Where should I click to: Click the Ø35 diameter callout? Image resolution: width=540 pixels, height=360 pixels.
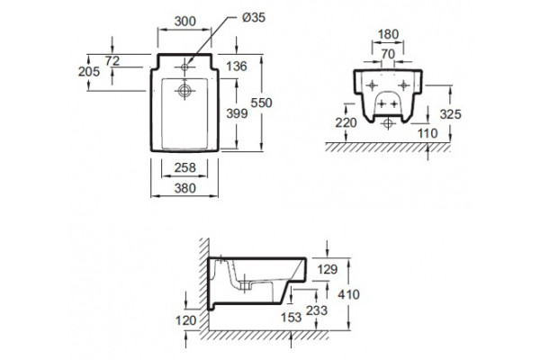254,17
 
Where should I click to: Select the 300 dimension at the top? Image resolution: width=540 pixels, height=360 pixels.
184,22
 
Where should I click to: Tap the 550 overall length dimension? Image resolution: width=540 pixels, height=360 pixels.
261,103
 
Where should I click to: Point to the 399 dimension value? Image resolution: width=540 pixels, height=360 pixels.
237,113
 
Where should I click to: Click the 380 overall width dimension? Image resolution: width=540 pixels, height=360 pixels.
184,188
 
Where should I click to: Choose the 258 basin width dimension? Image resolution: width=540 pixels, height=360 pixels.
184,167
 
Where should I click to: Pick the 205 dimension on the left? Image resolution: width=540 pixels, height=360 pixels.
89,72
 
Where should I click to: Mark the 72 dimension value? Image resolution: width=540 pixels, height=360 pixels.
112,61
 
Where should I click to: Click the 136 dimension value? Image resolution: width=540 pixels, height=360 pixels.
237,66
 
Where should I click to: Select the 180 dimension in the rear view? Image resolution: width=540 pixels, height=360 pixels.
388,34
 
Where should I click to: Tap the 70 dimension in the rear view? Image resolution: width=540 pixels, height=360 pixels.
388,54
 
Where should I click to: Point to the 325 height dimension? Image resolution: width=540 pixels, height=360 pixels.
451,114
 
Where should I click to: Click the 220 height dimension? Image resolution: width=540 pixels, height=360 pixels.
346,122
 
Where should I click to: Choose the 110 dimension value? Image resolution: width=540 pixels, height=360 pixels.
427,133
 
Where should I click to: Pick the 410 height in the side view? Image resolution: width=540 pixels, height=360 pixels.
349,294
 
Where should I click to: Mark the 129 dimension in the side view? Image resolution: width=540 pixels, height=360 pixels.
328,269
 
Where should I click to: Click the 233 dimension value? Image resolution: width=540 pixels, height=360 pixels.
317,310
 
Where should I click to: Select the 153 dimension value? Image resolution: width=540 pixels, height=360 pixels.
292,318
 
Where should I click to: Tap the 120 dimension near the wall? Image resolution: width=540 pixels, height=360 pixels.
186,320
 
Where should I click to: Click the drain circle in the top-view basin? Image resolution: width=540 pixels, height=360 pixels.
184,91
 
